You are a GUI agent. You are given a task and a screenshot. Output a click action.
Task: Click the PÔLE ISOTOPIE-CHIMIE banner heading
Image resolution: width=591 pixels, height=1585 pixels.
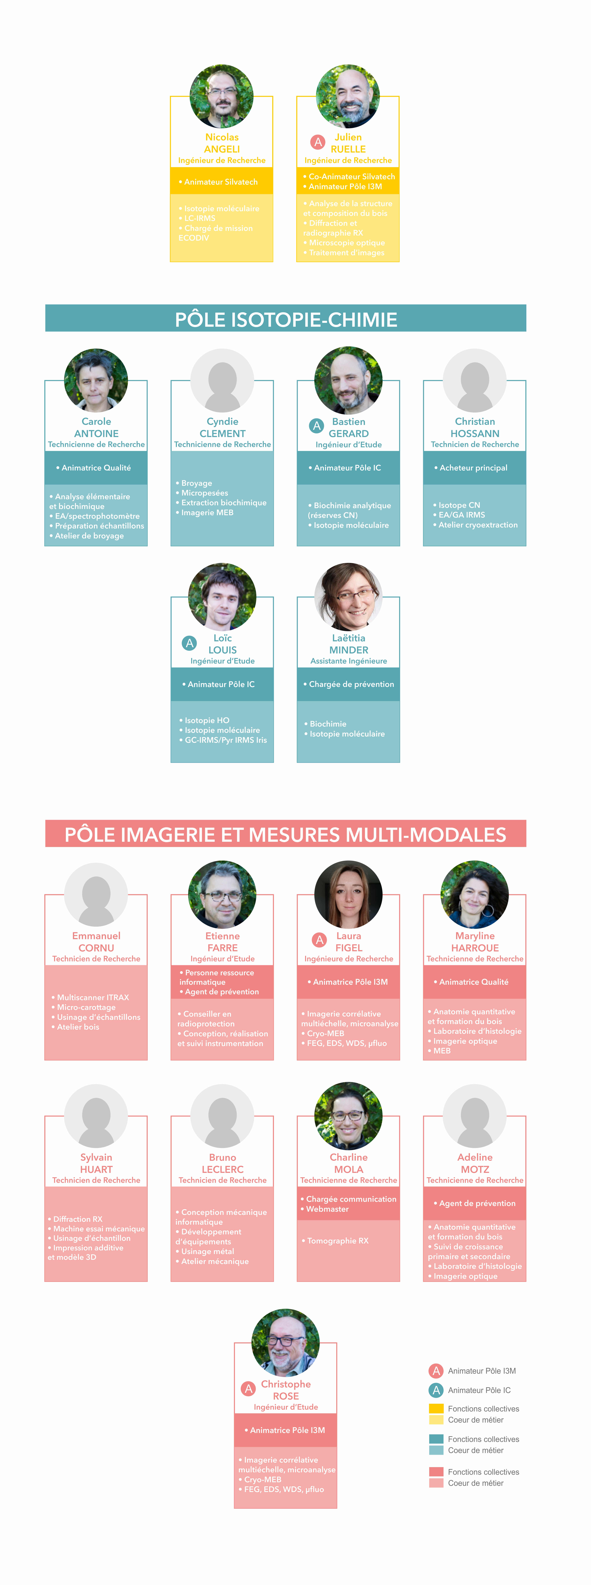coord(286,319)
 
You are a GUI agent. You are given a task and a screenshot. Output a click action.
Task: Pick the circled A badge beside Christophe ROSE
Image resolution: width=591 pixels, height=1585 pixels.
coord(248,1389)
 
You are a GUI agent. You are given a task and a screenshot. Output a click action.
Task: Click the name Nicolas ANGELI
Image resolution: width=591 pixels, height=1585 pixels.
coord(222,143)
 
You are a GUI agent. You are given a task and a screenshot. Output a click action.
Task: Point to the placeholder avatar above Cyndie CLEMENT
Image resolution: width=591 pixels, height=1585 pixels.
coord(222,380)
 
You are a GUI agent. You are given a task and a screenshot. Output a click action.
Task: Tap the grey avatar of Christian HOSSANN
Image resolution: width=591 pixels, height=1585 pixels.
coord(475,380)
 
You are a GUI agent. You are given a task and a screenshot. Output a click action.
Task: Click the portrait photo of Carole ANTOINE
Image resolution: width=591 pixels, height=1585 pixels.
coord(96,380)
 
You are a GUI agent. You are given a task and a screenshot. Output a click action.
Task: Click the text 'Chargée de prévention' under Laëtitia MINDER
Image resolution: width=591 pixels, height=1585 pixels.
coord(351,684)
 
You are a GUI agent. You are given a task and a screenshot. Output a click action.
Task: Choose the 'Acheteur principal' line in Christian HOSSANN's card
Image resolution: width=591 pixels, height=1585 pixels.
coord(474,468)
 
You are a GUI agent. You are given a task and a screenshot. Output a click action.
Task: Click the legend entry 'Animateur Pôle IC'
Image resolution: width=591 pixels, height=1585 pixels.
coord(479,1390)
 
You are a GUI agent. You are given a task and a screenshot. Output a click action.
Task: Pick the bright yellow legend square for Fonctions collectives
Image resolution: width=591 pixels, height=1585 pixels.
coord(436,1408)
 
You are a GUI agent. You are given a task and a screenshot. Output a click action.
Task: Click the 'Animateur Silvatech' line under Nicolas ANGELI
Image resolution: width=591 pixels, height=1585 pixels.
coord(221,182)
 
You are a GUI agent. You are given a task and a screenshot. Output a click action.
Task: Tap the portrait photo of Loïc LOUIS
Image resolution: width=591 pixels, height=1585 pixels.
coord(222,596)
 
